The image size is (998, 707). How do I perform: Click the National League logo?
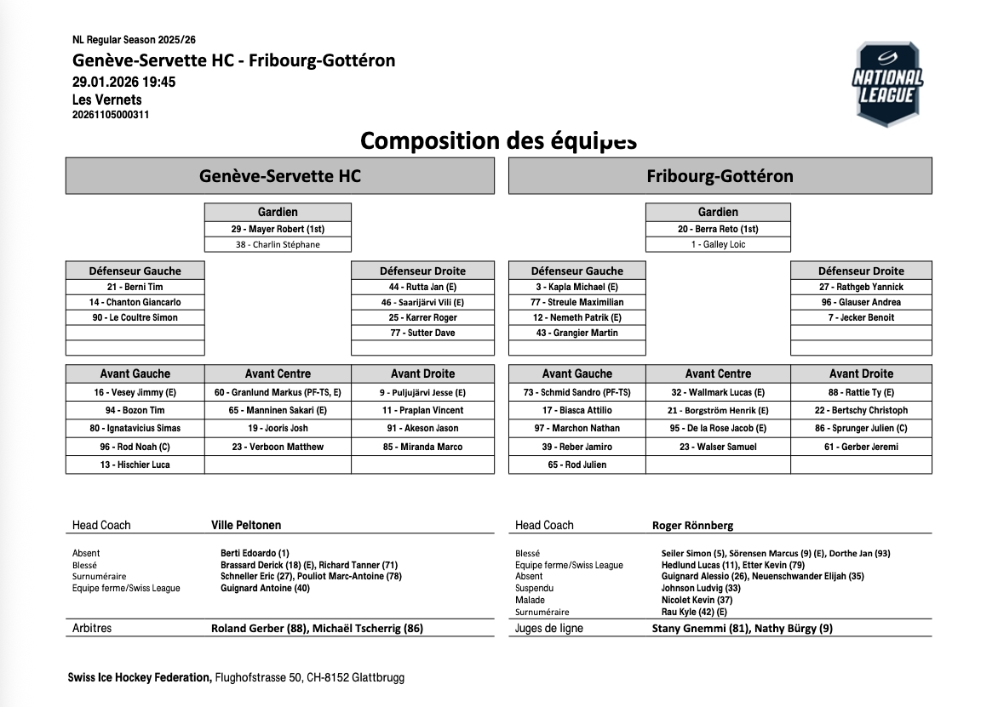coord(887,83)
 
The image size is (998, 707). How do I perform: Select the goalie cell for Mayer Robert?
coord(278,229)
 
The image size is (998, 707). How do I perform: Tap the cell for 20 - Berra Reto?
coord(718,229)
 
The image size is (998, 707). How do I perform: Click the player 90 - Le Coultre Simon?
coord(135,317)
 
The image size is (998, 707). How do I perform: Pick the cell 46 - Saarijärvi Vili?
coord(422,302)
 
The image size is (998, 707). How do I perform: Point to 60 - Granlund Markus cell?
coord(278,392)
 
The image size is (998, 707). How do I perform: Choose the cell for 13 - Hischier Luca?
coord(135,465)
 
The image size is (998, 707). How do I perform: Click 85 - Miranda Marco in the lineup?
coord(422,447)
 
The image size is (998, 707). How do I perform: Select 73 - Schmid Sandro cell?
coord(576,392)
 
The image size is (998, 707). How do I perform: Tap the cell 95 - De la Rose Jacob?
coord(718,428)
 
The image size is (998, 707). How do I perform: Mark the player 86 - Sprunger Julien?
coord(861,428)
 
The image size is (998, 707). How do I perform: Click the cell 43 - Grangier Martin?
coord(576,333)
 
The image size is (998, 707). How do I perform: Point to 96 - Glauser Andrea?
coord(861,302)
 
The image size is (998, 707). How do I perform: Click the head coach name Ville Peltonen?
coord(246,525)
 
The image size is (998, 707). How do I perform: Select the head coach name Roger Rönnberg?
coord(692,525)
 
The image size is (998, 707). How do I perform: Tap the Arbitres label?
coord(92,629)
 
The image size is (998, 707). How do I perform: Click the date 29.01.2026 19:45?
coord(124,82)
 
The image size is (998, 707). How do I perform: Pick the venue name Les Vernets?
coord(107,100)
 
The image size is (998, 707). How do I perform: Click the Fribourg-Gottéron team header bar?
coord(720,176)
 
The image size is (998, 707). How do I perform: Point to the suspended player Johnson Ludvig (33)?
coord(701,588)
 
